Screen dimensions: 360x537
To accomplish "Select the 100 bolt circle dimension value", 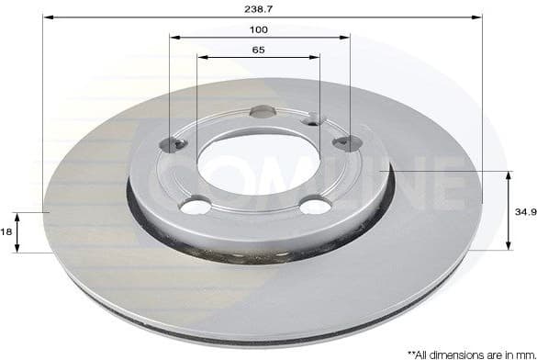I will [x=258, y=29].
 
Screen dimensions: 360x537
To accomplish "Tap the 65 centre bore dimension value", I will [x=258, y=50].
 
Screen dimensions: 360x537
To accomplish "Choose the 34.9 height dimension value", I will [x=524, y=210].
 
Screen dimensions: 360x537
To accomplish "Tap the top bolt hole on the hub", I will [x=262, y=112].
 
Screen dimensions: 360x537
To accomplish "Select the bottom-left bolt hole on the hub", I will [x=195, y=207].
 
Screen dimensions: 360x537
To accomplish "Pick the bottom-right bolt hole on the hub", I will [x=315, y=206].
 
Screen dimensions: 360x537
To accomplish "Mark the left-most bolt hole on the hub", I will [x=172, y=143].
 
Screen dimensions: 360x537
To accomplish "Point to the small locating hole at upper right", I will [x=313, y=118].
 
